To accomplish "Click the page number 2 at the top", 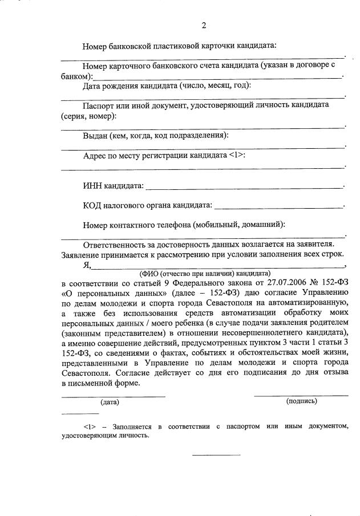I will coord(204,25).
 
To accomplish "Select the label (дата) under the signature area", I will coord(110,402).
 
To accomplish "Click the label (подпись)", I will coord(301,401).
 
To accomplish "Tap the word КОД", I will coord(93,205).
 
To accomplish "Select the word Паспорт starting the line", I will coord(99,105).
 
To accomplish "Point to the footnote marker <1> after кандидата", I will coord(237,155).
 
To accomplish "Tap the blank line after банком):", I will coord(217,77).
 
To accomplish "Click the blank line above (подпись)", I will coord(301,395).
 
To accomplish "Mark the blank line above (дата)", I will coord(113,396).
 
